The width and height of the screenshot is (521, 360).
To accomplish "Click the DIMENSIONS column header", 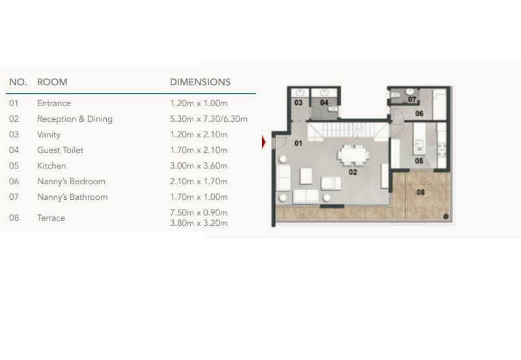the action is pyautogui.click(x=200, y=82).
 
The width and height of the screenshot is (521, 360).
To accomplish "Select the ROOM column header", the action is pyautogui.click(x=52, y=82).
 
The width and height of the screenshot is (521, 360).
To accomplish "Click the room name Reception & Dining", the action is pyautogui.click(x=75, y=119).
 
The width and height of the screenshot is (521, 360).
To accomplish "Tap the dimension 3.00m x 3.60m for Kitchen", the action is pyautogui.click(x=199, y=166).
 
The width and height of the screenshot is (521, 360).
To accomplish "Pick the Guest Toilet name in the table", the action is pyautogui.click(x=60, y=150).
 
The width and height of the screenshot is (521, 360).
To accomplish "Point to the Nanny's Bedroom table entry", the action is pyautogui.click(x=71, y=182).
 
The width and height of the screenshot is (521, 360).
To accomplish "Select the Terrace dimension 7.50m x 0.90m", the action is pyautogui.click(x=199, y=212).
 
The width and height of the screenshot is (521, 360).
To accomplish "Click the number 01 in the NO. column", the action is pyautogui.click(x=14, y=104).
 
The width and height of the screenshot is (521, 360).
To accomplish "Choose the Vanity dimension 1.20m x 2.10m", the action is pyautogui.click(x=199, y=135).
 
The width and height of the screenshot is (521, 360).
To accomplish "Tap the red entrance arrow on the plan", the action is pyautogui.click(x=264, y=142).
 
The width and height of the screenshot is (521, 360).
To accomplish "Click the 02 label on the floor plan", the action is pyautogui.click(x=353, y=172).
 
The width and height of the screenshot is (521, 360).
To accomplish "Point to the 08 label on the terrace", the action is pyautogui.click(x=420, y=192).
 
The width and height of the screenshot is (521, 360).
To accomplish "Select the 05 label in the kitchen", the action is pyautogui.click(x=419, y=161).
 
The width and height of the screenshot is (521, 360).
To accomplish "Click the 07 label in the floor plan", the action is pyautogui.click(x=412, y=100).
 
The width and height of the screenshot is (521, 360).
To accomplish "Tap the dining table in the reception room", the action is pyautogui.click(x=353, y=155).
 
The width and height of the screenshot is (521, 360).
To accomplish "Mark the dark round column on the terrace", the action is pyautogui.click(x=446, y=217).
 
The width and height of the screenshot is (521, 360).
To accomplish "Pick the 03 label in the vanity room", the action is pyautogui.click(x=298, y=103).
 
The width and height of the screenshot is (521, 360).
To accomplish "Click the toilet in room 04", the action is pyautogui.click(x=333, y=109).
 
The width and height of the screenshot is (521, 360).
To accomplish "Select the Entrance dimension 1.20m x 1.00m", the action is pyautogui.click(x=199, y=104).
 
